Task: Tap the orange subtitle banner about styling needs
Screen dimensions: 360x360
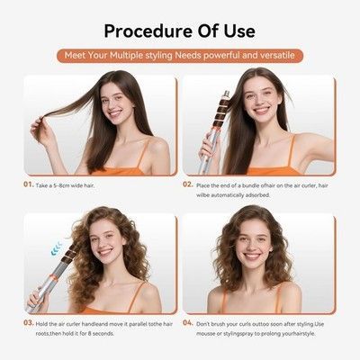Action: (180, 56)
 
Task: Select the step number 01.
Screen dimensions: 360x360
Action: (29, 184)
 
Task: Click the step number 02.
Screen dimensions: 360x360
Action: (188, 184)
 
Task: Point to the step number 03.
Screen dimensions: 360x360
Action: (29, 323)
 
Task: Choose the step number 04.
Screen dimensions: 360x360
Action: (188, 323)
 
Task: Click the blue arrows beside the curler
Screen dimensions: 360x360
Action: (56, 248)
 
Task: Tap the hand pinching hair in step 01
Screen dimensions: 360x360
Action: (41, 132)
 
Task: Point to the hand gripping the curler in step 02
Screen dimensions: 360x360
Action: (209, 148)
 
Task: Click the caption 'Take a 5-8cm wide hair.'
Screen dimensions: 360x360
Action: (65, 185)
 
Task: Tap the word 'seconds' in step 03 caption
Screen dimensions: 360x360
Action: (103, 334)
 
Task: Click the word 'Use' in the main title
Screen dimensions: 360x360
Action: (239, 31)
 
